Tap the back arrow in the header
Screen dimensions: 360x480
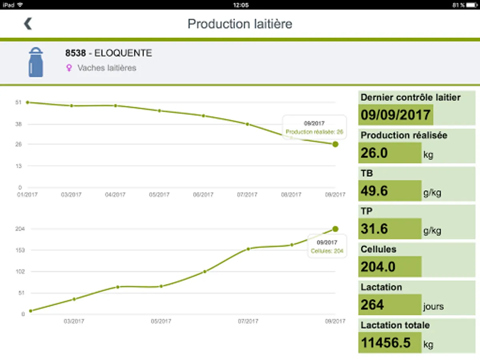[x=28, y=24]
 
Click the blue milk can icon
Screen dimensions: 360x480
[x=36, y=62]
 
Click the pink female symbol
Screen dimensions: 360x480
[x=69, y=68]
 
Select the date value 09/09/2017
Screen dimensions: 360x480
[x=395, y=115]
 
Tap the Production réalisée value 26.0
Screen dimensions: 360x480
[x=374, y=153]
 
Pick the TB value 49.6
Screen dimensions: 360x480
[x=374, y=191]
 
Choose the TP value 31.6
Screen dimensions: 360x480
[x=374, y=229]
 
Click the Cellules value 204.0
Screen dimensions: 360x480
[x=378, y=267]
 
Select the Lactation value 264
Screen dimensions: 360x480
[x=372, y=305]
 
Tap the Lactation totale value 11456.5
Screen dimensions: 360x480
[x=386, y=343]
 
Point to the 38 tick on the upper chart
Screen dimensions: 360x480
[x=18, y=124]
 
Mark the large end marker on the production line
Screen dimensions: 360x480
[x=335, y=144]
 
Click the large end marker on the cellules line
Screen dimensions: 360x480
[x=335, y=229]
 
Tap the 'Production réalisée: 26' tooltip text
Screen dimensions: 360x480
[x=314, y=132]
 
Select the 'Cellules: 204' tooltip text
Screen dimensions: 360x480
[x=327, y=251]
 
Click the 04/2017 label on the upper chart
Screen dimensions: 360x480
[x=115, y=195]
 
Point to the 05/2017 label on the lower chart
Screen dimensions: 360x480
[x=159, y=321]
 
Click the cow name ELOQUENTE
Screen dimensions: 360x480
[x=123, y=53]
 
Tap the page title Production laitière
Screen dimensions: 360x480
[x=240, y=24]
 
